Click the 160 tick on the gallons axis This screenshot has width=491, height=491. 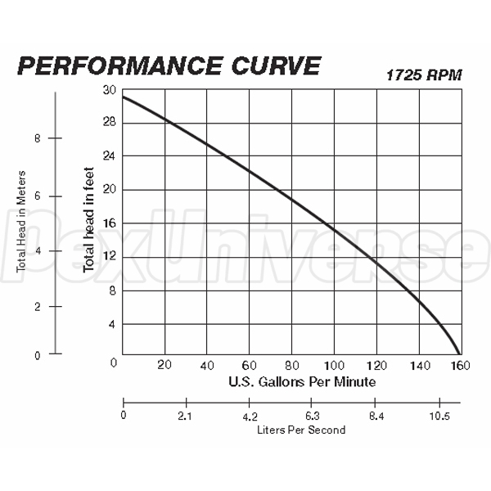(462, 364)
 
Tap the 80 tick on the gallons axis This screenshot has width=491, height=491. (292, 364)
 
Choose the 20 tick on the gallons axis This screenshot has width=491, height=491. (165, 364)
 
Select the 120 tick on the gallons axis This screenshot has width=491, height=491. (376, 364)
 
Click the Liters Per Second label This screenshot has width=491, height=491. (300, 430)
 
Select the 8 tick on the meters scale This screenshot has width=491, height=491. (37, 138)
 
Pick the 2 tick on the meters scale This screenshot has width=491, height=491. (37, 306)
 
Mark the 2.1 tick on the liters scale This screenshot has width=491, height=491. (187, 415)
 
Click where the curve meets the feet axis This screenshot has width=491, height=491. (123, 97)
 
